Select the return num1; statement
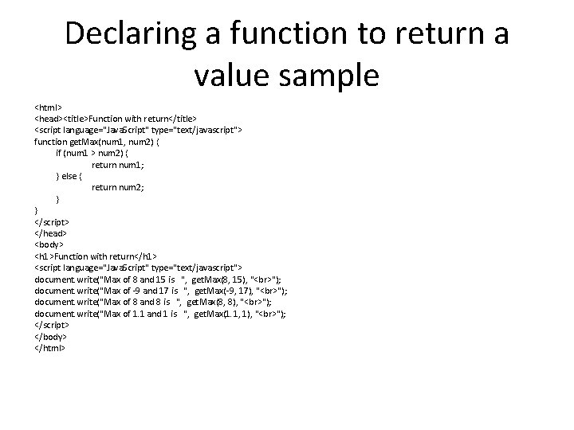pyautogui.click(x=119, y=164)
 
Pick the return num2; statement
pyautogui.click(x=119, y=187)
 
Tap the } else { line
pyautogui.click(x=69, y=176)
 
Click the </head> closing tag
pyautogui.click(x=49, y=233)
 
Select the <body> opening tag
pyautogui.click(x=49, y=245)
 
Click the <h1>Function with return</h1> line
pyautogui.click(x=101, y=256)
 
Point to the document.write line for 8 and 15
pyautogui.click(x=156, y=279)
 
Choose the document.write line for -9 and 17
pyautogui.click(x=160, y=291)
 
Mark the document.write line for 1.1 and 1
pyautogui.click(x=159, y=314)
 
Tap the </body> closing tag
pyautogui.click(x=49, y=336)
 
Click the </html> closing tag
pyautogui.click(x=49, y=348)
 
